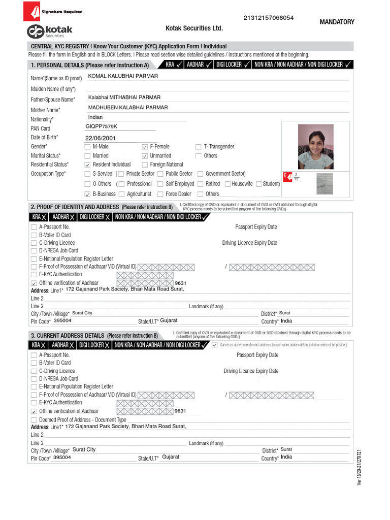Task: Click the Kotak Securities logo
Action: tap(50, 31)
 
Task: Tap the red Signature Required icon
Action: tap(35, 11)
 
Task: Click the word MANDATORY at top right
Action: tap(337, 22)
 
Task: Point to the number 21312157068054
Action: tap(269, 18)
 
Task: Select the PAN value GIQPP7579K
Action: tap(102, 126)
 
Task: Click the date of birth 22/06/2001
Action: tap(101, 138)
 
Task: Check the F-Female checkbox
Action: tap(145, 147)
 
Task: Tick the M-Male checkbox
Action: tap(87, 147)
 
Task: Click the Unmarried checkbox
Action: tap(145, 156)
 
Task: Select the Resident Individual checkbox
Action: tap(87, 165)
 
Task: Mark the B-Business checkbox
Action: tap(87, 194)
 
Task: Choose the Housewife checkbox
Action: tap(227, 184)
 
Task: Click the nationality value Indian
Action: tap(95, 117)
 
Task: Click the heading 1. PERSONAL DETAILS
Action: tap(89, 65)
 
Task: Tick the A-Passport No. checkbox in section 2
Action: tap(34, 227)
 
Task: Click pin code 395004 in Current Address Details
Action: tap(62, 457)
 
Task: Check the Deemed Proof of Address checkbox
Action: tap(34, 420)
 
